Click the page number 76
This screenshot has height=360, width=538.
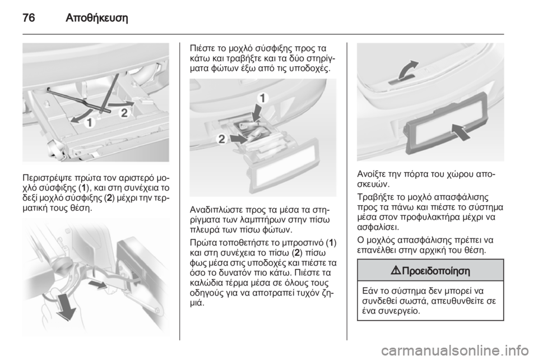coord(29,17)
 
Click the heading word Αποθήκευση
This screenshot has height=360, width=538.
coord(96,17)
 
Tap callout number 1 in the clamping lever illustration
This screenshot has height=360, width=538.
coord(90,122)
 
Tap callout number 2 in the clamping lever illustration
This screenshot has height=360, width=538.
coord(124,113)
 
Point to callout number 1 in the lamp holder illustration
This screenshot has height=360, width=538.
coord(262,99)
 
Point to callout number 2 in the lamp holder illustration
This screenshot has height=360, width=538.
coord(222,139)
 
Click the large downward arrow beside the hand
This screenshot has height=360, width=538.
coord(67,305)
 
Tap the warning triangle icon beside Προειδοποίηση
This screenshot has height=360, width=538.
coord(397,271)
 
